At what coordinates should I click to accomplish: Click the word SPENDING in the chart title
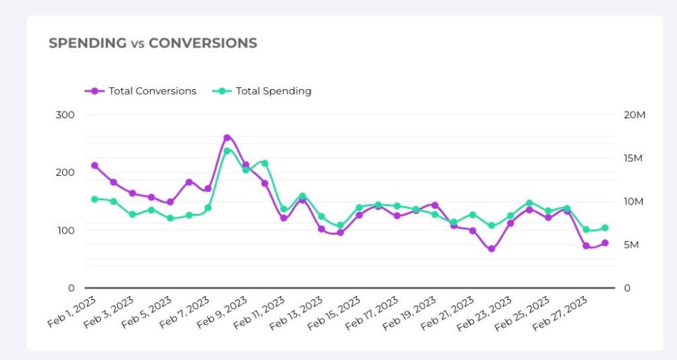(x=87, y=44)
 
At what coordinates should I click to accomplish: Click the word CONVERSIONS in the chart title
(x=202, y=44)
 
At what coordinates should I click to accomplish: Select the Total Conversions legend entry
(x=152, y=91)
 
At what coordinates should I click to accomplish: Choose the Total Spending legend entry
(x=273, y=91)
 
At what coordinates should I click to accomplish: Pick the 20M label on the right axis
(x=635, y=115)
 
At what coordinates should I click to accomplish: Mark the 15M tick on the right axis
(x=634, y=159)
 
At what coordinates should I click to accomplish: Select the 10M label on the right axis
(x=634, y=201)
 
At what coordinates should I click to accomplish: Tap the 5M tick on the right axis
(x=631, y=245)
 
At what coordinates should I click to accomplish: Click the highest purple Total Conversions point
(x=227, y=138)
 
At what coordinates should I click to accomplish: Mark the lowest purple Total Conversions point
(x=491, y=249)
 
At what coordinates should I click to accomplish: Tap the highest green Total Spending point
(x=227, y=151)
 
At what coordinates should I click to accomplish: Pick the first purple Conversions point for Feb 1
(x=95, y=165)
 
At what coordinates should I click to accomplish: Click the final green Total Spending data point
(x=604, y=228)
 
